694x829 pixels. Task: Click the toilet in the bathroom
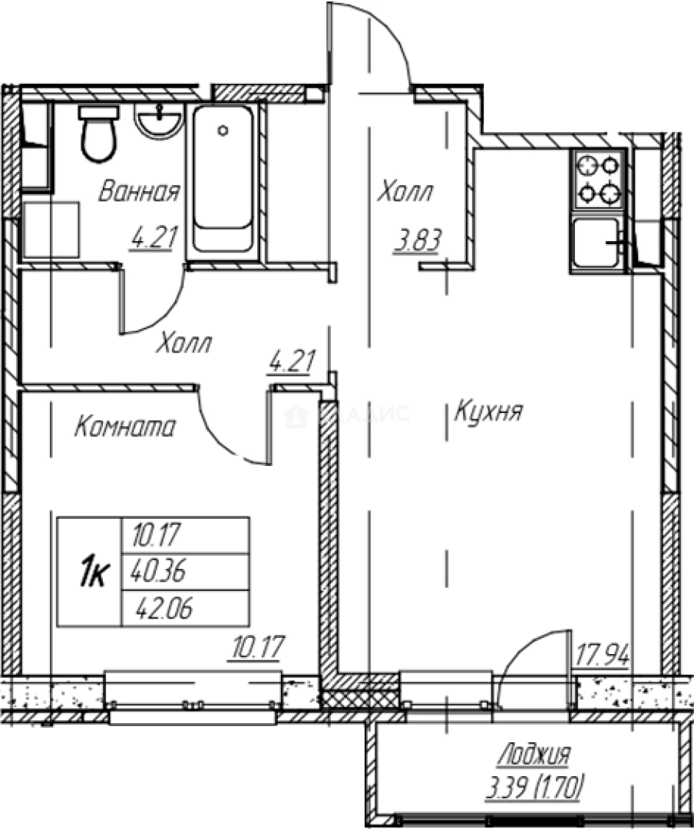pyautogui.click(x=97, y=133)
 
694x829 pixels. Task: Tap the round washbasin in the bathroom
pyautogui.click(x=159, y=121)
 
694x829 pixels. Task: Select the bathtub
pyautogui.click(x=223, y=179)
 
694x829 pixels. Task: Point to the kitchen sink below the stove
pyautogui.click(x=597, y=243)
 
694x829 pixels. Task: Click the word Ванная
pyautogui.click(x=139, y=192)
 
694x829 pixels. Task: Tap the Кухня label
pyautogui.click(x=488, y=412)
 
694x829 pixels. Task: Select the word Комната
pyautogui.click(x=125, y=427)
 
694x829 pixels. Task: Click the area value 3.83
pyautogui.click(x=417, y=241)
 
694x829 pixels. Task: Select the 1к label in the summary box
pyautogui.click(x=93, y=573)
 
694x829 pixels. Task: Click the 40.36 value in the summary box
pyautogui.click(x=159, y=572)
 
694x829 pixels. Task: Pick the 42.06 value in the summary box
pyautogui.click(x=164, y=609)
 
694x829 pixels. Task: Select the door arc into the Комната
pyautogui.click(x=220, y=440)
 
